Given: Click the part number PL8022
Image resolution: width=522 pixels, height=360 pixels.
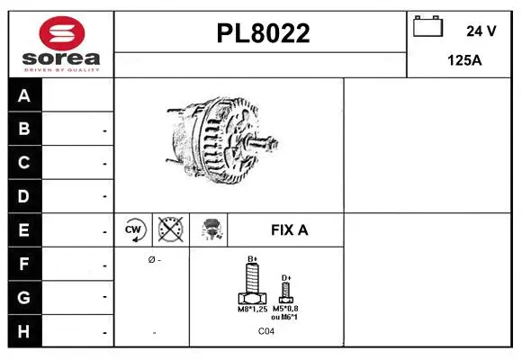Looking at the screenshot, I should [263, 33].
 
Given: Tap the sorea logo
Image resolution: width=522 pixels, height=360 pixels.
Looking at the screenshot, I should [60, 45].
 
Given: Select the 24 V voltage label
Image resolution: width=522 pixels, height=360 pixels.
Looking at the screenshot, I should [481, 31].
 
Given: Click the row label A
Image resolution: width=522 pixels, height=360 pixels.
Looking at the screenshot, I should [24, 95].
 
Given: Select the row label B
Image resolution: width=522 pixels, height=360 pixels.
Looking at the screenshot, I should [24, 130].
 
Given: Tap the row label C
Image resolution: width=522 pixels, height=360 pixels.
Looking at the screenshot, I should [24, 163].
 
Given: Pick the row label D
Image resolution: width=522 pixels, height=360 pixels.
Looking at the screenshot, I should [24, 195].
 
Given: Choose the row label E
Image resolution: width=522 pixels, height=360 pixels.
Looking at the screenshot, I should [24, 229].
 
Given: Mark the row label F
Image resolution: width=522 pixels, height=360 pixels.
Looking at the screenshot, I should [24, 264].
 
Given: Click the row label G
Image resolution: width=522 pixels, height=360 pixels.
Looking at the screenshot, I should [24, 297].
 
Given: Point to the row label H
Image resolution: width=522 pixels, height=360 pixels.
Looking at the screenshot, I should [24, 331].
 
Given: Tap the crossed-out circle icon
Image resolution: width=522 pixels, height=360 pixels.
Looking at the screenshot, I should [169, 229].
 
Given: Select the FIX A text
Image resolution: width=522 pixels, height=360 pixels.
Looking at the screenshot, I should [289, 230].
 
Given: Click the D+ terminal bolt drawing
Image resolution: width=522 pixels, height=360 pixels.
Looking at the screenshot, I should [286, 290].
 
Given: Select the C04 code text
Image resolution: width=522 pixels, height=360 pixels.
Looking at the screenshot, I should [266, 332].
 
